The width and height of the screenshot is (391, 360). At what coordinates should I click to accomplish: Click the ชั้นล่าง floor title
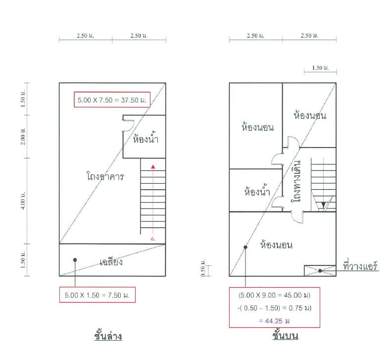click(108, 336)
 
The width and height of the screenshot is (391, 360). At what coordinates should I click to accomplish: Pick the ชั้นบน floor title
click(285, 335)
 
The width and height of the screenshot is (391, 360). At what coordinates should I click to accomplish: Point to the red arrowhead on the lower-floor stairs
click(153, 167)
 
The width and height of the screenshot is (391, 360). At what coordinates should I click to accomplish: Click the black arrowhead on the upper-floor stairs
click(323, 205)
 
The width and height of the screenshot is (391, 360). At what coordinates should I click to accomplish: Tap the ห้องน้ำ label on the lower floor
click(146, 138)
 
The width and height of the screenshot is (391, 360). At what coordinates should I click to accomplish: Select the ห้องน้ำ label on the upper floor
click(257, 191)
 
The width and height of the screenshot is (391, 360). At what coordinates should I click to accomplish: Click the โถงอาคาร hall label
click(105, 176)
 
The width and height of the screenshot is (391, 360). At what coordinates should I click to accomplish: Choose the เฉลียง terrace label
click(111, 261)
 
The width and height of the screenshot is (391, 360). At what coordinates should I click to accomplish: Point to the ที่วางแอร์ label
click(360, 266)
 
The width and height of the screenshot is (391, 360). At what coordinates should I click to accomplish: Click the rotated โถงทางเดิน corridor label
click(296, 181)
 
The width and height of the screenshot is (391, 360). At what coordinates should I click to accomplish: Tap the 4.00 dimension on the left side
click(23, 201)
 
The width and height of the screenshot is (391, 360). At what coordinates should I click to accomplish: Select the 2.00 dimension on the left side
click(23, 136)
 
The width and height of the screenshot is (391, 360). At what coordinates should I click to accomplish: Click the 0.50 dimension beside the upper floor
click(203, 268)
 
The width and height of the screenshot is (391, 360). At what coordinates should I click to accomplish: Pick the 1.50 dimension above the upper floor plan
click(320, 68)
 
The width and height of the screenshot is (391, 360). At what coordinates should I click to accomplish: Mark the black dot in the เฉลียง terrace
click(75, 260)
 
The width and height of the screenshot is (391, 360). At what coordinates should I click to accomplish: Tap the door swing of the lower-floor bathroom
click(130, 125)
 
